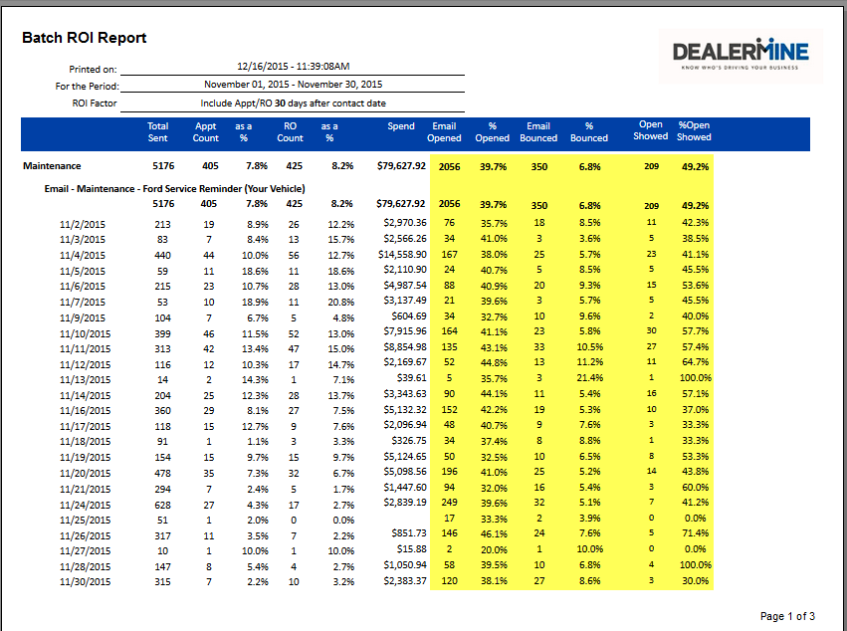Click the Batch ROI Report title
[85, 38]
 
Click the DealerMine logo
[741, 54]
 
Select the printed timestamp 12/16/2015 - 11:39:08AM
[293, 66]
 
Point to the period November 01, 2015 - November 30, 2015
[293, 85]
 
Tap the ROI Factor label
[95, 103]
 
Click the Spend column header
[401, 126]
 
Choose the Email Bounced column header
[538, 132]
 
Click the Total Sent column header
[157, 132]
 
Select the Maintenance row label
[52, 166]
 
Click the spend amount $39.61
[411, 378]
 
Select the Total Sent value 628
[163, 503]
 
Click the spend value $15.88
[411, 549]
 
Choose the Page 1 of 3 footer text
[787, 616]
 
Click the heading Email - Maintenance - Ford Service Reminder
[174, 187]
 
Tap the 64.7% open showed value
[694, 362]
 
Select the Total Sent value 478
[163, 472]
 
